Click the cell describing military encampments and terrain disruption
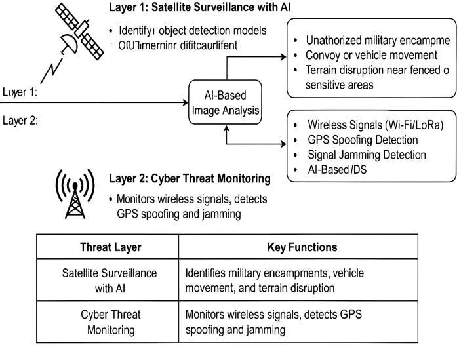tap(275, 281)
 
